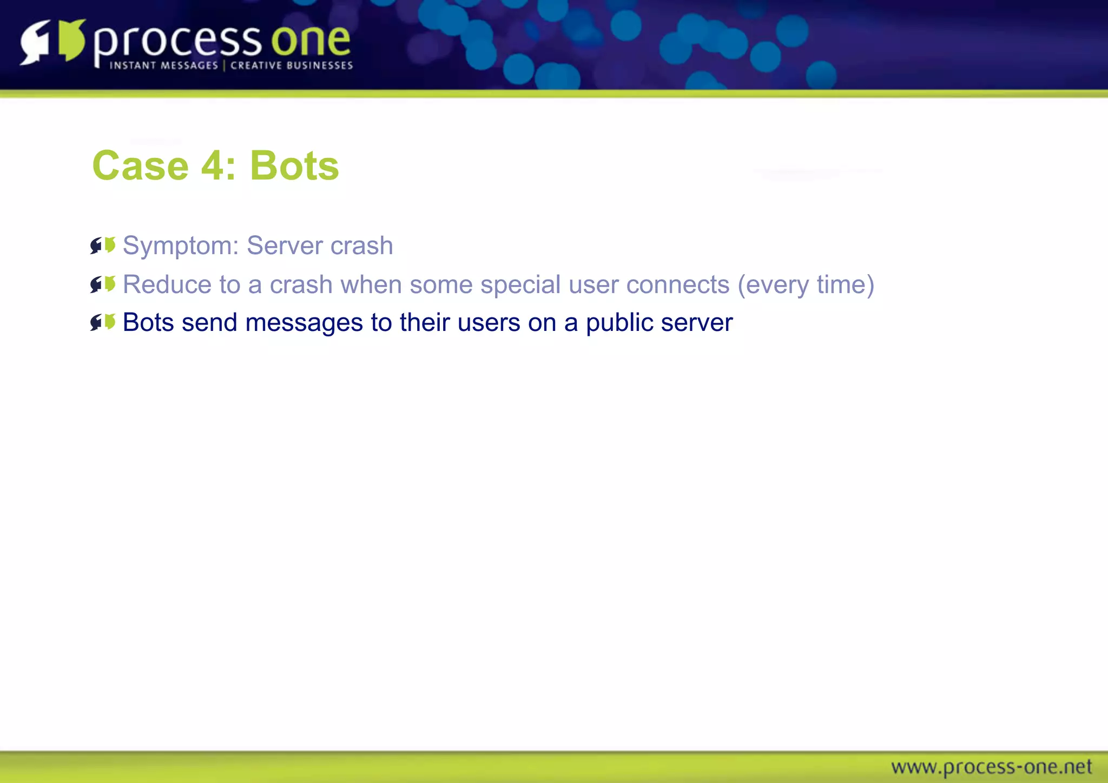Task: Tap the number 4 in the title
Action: tap(212, 165)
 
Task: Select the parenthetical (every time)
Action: tap(806, 285)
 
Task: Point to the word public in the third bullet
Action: tap(619, 323)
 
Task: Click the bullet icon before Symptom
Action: tap(103, 245)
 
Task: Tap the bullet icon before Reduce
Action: tap(103, 284)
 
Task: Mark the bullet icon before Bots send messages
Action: tap(103, 322)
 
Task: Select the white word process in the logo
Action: tap(177, 42)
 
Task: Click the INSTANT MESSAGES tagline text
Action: tap(163, 65)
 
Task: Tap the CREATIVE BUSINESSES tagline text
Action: tap(292, 65)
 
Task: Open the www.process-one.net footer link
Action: tap(991, 767)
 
